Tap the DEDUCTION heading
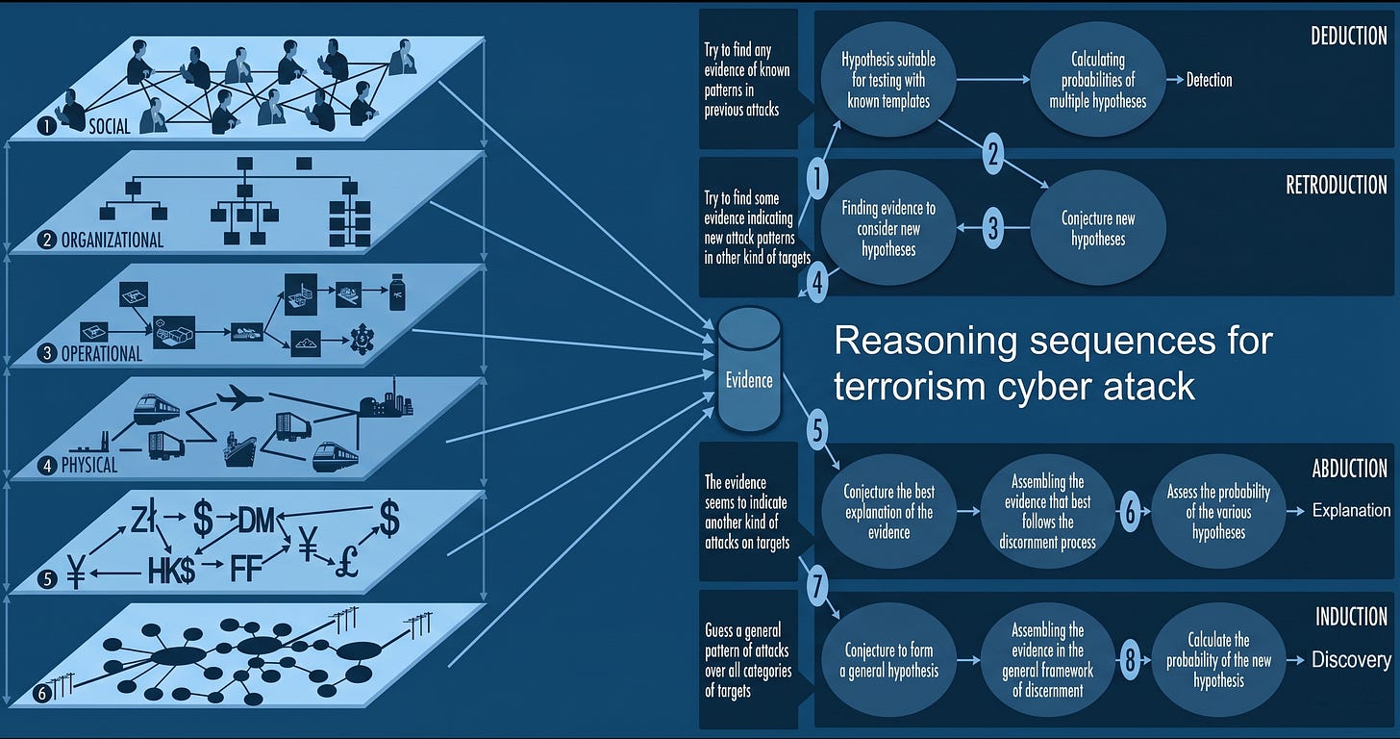pyautogui.click(x=1349, y=37)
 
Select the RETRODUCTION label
pyautogui.click(x=1337, y=185)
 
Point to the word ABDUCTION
pyautogui.click(x=1349, y=469)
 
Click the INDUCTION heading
pyautogui.click(x=1351, y=617)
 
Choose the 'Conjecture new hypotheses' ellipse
pyautogui.click(x=1097, y=228)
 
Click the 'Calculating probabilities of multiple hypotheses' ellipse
pyautogui.click(x=1097, y=80)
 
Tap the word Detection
pyautogui.click(x=1209, y=80)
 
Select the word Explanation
pyautogui.click(x=1351, y=510)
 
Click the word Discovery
pyautogui.click(x=1351, y=659)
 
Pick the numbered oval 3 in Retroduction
pyautogui.click(x=993, y=228)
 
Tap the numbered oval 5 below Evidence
pyautogui.click(x=817, y=430)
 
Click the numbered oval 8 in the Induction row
pyautogui.click(x=1130, y=659)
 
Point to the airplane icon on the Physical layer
pyautogui.click(x=239, y=397)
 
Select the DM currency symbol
pyautogui.click(x=256, y=521)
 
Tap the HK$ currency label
pyautogui.click(x=171, y=571)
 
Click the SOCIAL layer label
pyautogui.click(x=110, y=126)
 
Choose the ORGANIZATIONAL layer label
pyautogui.click(x=112, y=241)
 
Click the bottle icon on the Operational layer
pyautogui.click(x=397, y=292)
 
